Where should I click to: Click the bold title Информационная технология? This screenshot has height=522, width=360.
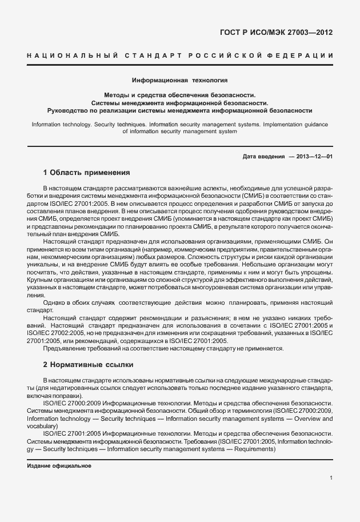[x=179, y=81]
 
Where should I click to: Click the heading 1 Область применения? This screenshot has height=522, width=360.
[x=87, y=172]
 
